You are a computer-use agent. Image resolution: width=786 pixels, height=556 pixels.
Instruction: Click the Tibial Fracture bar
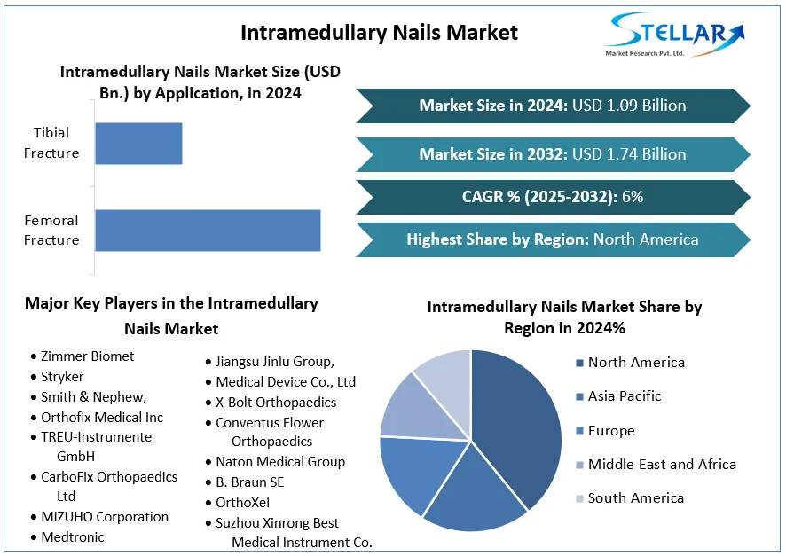[138, 143]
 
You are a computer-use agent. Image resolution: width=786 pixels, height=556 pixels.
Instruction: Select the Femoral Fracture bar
[208, 231]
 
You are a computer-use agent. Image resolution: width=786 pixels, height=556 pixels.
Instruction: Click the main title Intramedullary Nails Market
[379, 33]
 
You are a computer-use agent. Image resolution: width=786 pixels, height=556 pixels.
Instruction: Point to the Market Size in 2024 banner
[552, 106]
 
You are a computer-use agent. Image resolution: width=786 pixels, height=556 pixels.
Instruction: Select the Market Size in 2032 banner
[552, 154]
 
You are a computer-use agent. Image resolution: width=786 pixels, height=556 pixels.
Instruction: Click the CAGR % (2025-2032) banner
[552, 197]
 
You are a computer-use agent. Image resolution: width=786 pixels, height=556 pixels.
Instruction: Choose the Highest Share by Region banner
[552, 239]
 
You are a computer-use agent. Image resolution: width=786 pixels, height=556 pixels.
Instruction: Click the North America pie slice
[523, 417]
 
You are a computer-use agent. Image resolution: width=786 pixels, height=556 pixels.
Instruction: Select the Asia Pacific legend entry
[624, 396]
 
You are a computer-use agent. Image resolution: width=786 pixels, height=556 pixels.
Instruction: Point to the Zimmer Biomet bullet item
[87, 356]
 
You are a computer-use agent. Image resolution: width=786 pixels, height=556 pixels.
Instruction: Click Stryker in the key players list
[62, 377]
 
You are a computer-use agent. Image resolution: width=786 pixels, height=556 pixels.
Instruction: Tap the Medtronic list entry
[72, 537]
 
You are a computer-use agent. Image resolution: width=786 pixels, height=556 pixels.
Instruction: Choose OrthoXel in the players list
[242, 503]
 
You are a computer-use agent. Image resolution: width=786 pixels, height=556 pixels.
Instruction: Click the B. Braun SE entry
[249, 482]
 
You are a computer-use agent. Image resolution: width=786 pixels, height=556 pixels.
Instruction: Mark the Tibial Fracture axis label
[51, 143]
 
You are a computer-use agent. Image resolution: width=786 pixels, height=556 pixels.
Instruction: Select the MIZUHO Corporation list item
[104, 517]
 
